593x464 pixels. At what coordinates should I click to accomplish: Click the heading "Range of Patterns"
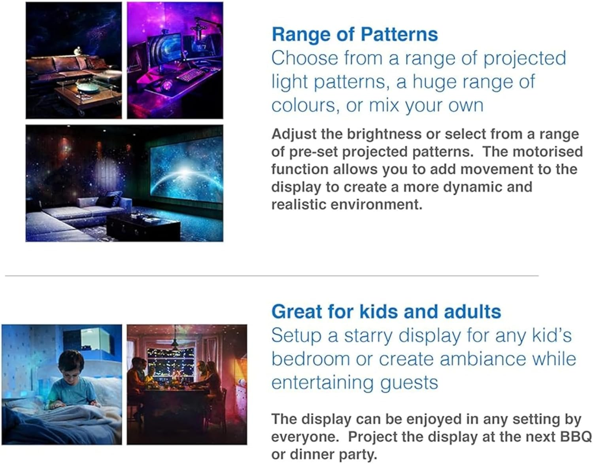click(355, 34)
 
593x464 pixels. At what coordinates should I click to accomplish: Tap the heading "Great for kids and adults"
click(386, 312)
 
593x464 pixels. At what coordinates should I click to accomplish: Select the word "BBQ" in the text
click(576, 437)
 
